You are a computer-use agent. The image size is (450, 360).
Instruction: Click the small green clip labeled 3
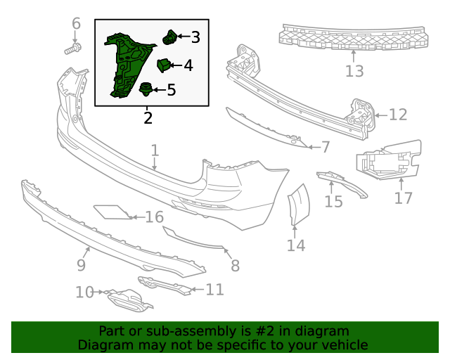(x=169, y=37)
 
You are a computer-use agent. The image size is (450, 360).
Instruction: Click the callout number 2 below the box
(x=148, y=117)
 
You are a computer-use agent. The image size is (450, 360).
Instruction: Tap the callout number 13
(x=354, y=71)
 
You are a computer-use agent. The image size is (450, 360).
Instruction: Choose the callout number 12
(x=398, y=115)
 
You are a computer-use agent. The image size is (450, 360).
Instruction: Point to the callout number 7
(x=326, y=147)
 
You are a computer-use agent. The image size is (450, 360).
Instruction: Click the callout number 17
(x=403, y=198)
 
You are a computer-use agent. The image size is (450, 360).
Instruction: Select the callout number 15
(x=333, y=202)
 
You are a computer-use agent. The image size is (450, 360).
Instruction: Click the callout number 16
(x=154, y=217)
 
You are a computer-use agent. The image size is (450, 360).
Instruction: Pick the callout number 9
(x=81, y=265)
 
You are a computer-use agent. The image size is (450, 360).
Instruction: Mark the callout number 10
(x=84, y=292)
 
